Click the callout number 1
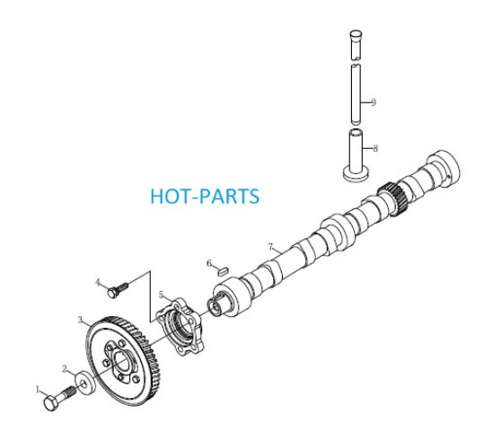tap(39, 391)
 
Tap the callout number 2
tap(65, 368)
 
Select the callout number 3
tap(81, 320)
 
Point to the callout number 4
tap(99, 282)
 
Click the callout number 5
tap(162, 295)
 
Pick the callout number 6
tap(209, 263)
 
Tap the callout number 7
tap(271, 247)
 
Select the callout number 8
tap(375, 148)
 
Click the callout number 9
tap(374, 102)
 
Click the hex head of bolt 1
tap(51, 403)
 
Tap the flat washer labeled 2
tap(85, 382)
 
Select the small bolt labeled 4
tap(118, 291)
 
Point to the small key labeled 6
tap(224, 271)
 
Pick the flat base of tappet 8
tap(356, 175)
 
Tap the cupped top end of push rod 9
tap(357, 34)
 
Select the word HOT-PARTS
tap(205, 196)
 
